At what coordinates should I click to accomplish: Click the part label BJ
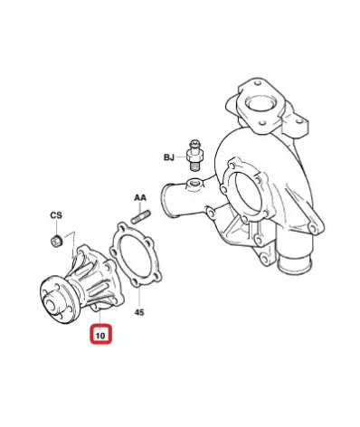[169, 157]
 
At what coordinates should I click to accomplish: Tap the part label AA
[140, 198]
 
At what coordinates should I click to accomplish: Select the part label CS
[56, 215]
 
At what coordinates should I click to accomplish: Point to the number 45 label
[139, 312]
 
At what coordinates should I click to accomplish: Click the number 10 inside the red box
[100, 336]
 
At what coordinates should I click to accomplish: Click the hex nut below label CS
[56, 240]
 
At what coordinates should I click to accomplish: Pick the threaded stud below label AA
[141, 217]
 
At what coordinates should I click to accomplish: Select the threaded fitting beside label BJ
[195, 156]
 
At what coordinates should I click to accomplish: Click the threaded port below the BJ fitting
[194, 183]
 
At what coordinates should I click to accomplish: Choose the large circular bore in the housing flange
[248, 192]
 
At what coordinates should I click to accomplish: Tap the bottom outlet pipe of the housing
[294, 259]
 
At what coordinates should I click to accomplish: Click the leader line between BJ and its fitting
[181, 157]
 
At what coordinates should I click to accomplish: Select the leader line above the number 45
[139, 297]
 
